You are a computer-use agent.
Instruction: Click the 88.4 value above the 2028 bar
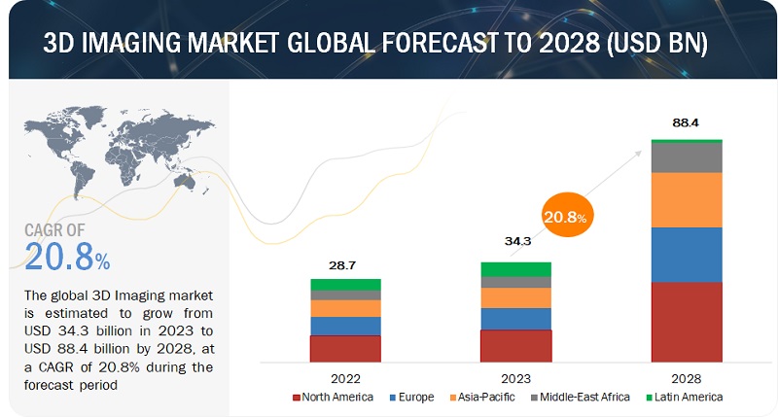[x=686, y=123]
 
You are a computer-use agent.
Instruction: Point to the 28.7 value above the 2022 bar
[x=346, y=264]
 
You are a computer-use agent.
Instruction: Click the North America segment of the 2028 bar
[x=687, y=322]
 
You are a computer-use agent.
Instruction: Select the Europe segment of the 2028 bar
[x=687, y=255]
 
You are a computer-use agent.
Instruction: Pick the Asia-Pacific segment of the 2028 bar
[x=687, y=199]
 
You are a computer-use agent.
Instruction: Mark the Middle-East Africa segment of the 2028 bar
[x=687, y=157]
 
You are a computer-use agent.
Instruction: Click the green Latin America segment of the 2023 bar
[x=516, y=268]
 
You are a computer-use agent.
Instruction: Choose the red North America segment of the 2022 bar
[x=346, y=348]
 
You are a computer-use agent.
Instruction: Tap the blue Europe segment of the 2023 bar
[x=516, y=319]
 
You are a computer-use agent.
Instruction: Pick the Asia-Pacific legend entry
[x=480, y=399]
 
